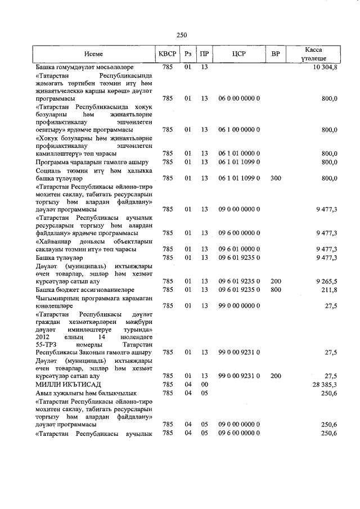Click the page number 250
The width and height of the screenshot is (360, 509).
pyautogui.click(x=182, y=34)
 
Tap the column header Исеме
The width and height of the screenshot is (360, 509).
pyautogui.click(x=94, y=55)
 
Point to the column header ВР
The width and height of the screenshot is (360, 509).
pyautogui.click(x=276, y=55)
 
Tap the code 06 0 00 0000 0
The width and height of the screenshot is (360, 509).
pyautogui.click(x=239, y=98)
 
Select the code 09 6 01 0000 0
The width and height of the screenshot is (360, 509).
pyautogui.click(x=239, y=249)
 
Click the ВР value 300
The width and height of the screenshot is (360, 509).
pyautogui.click(x=276, y=178)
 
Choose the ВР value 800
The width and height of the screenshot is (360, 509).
pyautogui.click(x=276, y=290)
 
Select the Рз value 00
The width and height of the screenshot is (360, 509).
pyautogui.click(x=204, y=384)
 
